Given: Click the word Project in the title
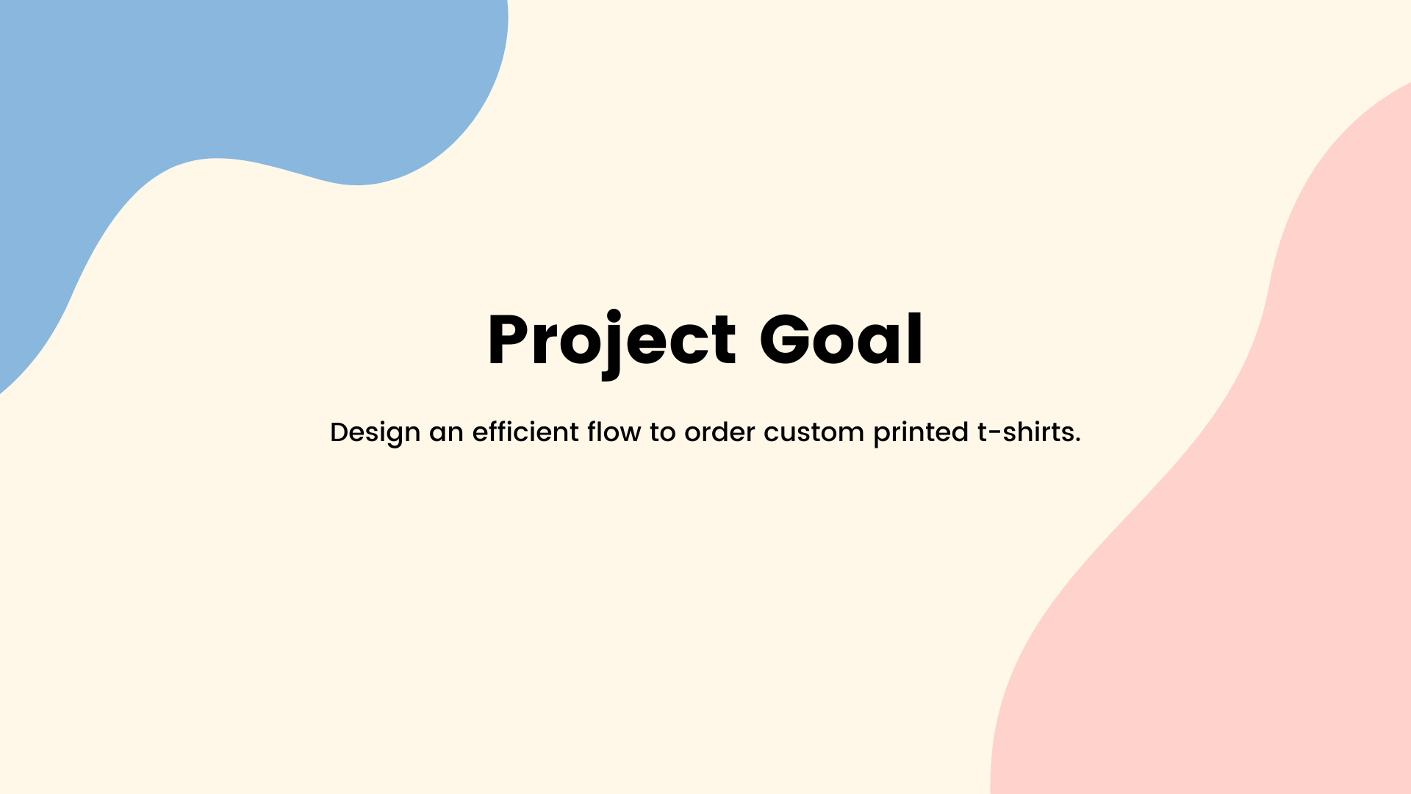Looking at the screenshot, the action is click(611, 343).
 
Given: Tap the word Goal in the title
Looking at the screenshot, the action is click(841, 339).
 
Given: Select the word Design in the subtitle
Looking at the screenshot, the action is click(375, 432).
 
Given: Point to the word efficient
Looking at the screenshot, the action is click(525, 432).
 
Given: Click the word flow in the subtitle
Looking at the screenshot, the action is click(614, 432).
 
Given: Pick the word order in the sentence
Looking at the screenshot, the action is click(719, 432).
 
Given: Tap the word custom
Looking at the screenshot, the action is click(814, 433).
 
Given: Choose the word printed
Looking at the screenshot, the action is click(921, 432).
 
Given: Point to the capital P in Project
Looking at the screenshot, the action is click(509, 339).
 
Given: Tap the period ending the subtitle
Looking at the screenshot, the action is click(1077, 441).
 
